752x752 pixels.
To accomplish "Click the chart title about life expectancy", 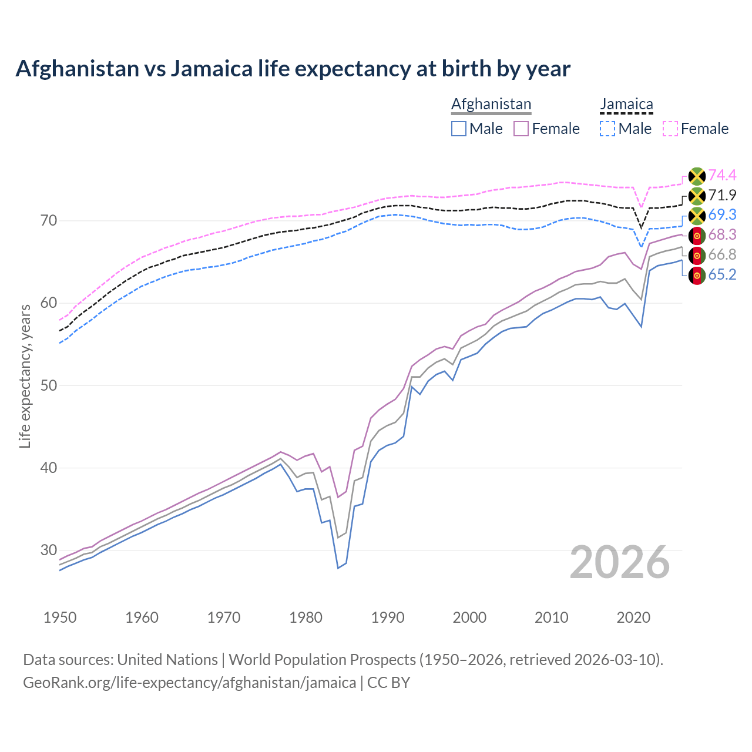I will click(x=293, y=69).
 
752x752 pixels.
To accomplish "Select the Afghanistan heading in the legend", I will click(x=491, y=104).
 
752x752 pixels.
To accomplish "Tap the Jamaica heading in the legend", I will click(x=626, y=104).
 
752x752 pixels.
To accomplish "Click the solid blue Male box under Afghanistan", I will click(x=459, y=129).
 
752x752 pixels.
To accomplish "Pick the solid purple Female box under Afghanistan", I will click(x=522, y=129).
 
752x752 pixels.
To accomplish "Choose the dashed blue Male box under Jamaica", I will click(x=608, y=129).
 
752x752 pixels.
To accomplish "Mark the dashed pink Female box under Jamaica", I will click(x=670, y=129).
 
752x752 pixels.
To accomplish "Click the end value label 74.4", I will click(x=722, y=175).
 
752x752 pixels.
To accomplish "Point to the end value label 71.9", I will click(x=722, y=195).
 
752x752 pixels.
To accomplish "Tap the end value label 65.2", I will click(x=722, y=274).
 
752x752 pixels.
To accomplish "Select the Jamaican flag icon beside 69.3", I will click(x=697, y=215).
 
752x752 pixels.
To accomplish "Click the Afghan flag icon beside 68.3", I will click(x=697, y=235).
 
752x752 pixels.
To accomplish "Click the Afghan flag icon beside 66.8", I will click(x=697, y=255).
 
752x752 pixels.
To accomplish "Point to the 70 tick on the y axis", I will click(x=49, y=221).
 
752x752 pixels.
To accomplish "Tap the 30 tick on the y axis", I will click(x=49, y=550).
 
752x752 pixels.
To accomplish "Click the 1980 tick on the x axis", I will click(x=306, y=617).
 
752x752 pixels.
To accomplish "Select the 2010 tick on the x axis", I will click(x=552, y=617).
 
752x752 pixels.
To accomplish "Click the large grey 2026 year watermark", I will click(x=619, y=562).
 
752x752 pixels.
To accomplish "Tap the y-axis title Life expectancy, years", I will click(x=25, y=376).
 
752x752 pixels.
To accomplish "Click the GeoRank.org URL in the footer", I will click(x=189, y=683).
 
